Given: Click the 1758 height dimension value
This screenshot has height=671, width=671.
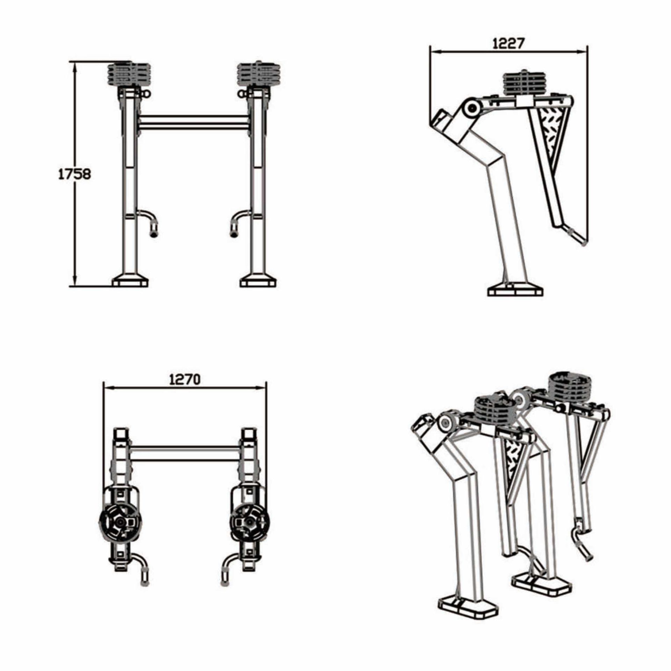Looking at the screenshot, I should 74,174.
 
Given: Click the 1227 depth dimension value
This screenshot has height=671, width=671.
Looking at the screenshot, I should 508,44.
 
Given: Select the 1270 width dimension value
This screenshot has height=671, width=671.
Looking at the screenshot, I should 185,379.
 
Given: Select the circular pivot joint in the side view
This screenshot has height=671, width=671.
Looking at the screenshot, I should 472,109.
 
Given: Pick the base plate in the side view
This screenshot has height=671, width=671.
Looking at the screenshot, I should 515,291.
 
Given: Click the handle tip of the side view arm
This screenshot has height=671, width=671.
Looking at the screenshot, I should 578,238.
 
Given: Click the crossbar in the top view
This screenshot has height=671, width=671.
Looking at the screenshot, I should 185,453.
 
